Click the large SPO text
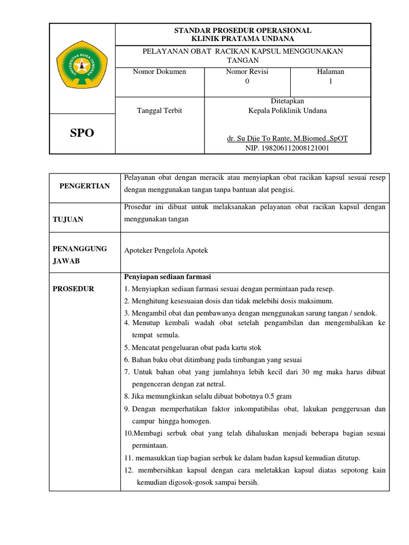click(x=82, y=133)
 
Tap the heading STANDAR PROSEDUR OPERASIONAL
click(x=243, y=30)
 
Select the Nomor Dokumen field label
click(x=159, y=71)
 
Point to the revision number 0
click(x=247, y=81)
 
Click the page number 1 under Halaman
click(x=331, y=81)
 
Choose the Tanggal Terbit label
click(x=159, y=111)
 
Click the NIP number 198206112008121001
click(x=287, y=148)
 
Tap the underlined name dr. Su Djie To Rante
click(x=287, y=138)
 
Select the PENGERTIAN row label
click(x=85, y=186)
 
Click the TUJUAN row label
click(x=68, y=219)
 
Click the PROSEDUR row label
click(x=73, y=288)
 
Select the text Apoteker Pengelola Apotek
click(x=166, y=250)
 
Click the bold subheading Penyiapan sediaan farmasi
click(x=168, y=277)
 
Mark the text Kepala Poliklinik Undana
click(x=288, y=111)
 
